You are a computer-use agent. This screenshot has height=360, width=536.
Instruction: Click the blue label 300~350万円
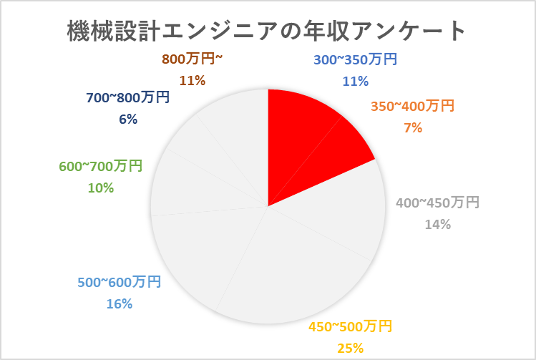355,60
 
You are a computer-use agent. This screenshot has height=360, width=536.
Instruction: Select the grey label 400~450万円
437,203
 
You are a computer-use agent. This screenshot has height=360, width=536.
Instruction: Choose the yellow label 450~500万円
351,328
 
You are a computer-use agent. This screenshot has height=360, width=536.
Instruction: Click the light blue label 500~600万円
119,282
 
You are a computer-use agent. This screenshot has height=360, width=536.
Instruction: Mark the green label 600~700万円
100,167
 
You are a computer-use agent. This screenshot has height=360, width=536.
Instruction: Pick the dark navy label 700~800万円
128,98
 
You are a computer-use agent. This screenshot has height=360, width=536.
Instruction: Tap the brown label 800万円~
193,59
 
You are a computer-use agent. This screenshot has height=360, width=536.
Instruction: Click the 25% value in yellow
351,349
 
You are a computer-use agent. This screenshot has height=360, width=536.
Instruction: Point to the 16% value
119,303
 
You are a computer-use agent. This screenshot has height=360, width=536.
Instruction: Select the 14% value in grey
437,225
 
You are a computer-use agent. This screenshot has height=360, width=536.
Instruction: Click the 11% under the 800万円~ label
193,81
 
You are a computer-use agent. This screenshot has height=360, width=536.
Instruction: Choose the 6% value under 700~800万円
128,120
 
